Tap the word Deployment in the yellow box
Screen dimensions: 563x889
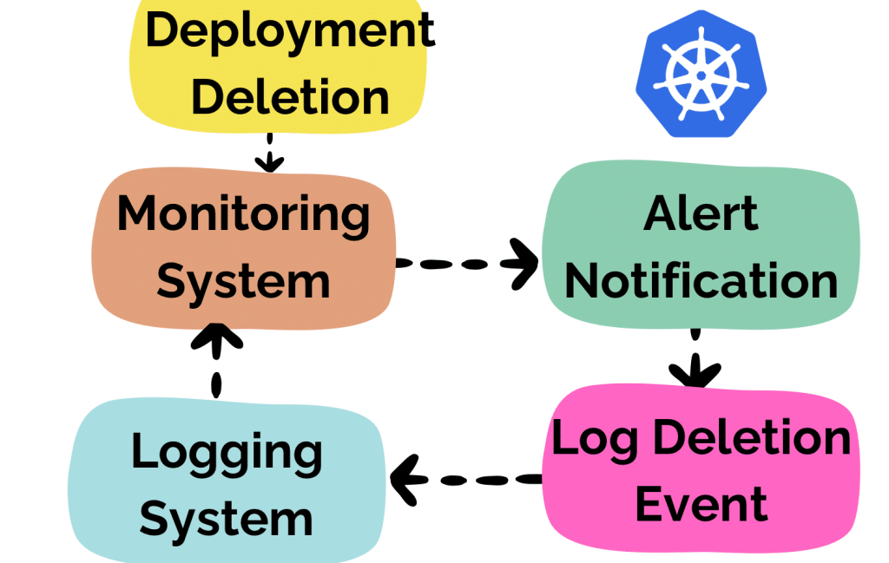(290, 29)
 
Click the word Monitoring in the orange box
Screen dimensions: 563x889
(243, 213)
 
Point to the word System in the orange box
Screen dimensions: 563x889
(243, 281)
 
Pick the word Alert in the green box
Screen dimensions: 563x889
(701, 213)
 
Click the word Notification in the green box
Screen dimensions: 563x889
(701, 281)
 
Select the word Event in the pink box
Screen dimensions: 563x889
(701, 503)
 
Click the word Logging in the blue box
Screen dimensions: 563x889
(227, 452)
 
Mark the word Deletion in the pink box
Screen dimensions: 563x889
(752, 438)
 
